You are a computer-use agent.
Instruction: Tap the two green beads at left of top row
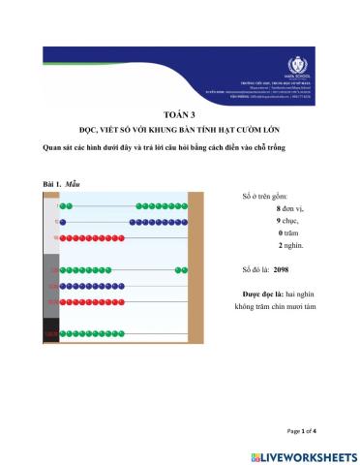tap(65, 206)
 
